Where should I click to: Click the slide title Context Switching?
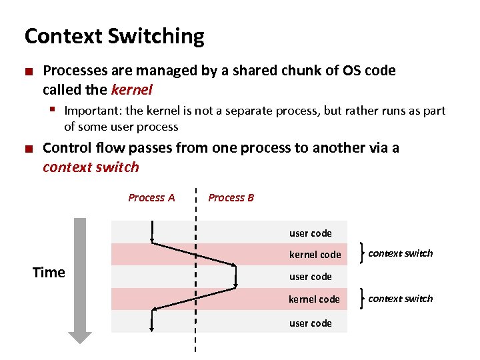(x=114, y=36)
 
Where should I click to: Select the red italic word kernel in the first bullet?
(x=132, y=89)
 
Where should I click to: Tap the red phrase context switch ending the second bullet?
(x=91, y=167)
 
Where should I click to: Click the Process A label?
(x=151, y=197)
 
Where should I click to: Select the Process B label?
(x=231, y=197)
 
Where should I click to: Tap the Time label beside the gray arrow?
(x=49, y=272)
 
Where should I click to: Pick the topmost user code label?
(x=310, y=233)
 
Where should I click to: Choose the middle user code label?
(x=310, y=277)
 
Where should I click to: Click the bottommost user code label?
(x=310, y=323)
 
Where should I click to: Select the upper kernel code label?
(x=315, y=255)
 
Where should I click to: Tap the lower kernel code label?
(x=314, y=299)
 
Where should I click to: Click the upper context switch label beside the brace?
(x=400, y=253)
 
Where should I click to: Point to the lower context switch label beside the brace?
(x=400, y=299)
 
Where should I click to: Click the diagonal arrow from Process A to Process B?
(x=193, y=254)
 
